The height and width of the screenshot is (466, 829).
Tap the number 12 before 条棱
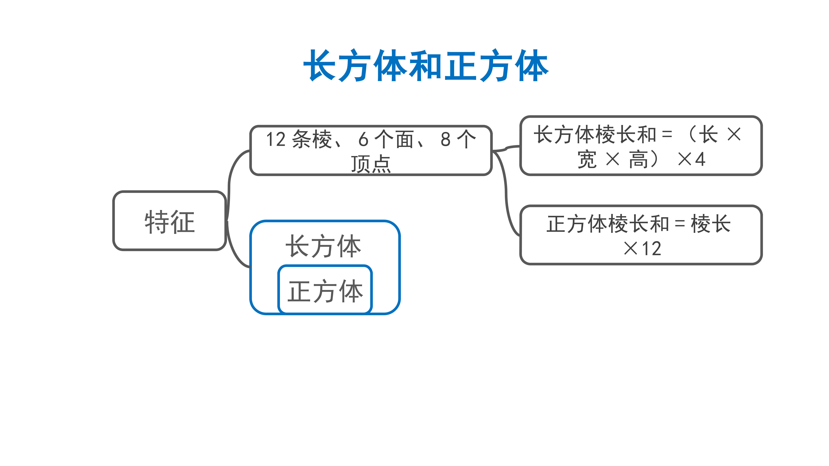[276, 140]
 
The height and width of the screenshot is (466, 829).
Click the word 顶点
[371, 164]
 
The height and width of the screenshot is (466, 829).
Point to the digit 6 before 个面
[363, 140]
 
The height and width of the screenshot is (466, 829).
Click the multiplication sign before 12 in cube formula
[631, 249]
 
